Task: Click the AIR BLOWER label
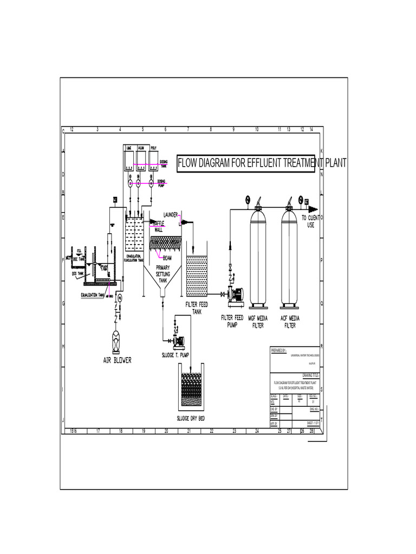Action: [x=117, y=360]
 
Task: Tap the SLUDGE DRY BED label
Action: [x=190, y=418]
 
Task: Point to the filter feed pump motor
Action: [x=237, y=294]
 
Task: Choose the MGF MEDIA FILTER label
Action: [x=258, y=322]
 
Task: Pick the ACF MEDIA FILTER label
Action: [x=290, y=322]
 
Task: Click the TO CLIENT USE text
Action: [x=311, y=221]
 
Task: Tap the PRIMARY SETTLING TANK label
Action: [x=163, y=274]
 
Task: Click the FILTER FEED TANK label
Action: [x=197, y=308]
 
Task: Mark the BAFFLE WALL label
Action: [x=159, y=226]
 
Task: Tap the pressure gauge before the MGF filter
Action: [x=247, y=198]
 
